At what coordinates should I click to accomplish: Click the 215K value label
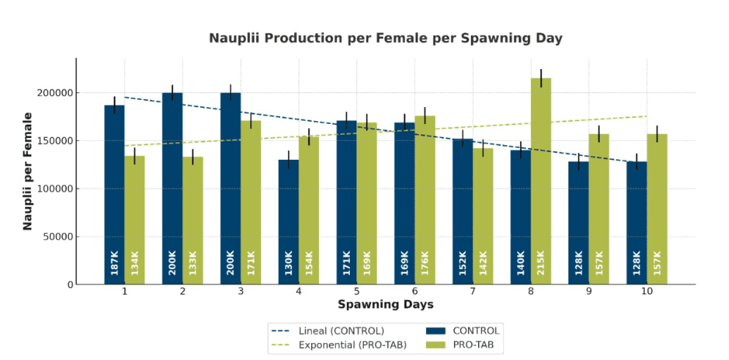tap(541, 263)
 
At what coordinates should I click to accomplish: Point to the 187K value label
tap(114, 263)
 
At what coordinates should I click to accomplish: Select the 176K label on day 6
tap(425, 263)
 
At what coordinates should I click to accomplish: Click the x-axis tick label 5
tap(356, 293)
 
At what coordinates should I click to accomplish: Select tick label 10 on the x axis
tap(647, 293)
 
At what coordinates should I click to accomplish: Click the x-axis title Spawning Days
tap(385, 304)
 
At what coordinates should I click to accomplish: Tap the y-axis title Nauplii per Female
tap(28, 171)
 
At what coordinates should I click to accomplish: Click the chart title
tap(385, 38)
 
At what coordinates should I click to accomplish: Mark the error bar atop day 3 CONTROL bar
tap(230, 92)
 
